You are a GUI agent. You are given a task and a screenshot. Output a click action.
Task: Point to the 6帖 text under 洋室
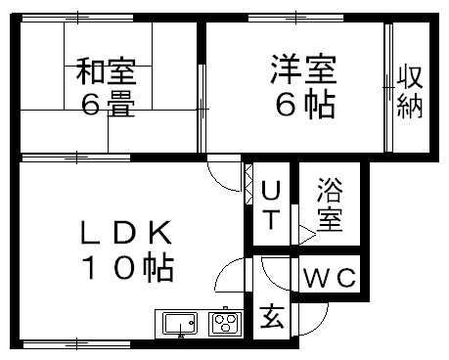(x=303, y=104)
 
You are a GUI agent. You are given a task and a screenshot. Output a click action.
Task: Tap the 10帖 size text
(x=127, y=266)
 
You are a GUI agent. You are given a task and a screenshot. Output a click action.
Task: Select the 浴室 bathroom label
(x=330, y=202)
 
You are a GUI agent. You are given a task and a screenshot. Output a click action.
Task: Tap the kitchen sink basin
(x=177, y=323)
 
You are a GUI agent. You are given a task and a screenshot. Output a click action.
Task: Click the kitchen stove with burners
(x=225, y=322)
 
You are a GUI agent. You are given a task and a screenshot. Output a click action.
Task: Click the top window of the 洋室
(x=293, y=18)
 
